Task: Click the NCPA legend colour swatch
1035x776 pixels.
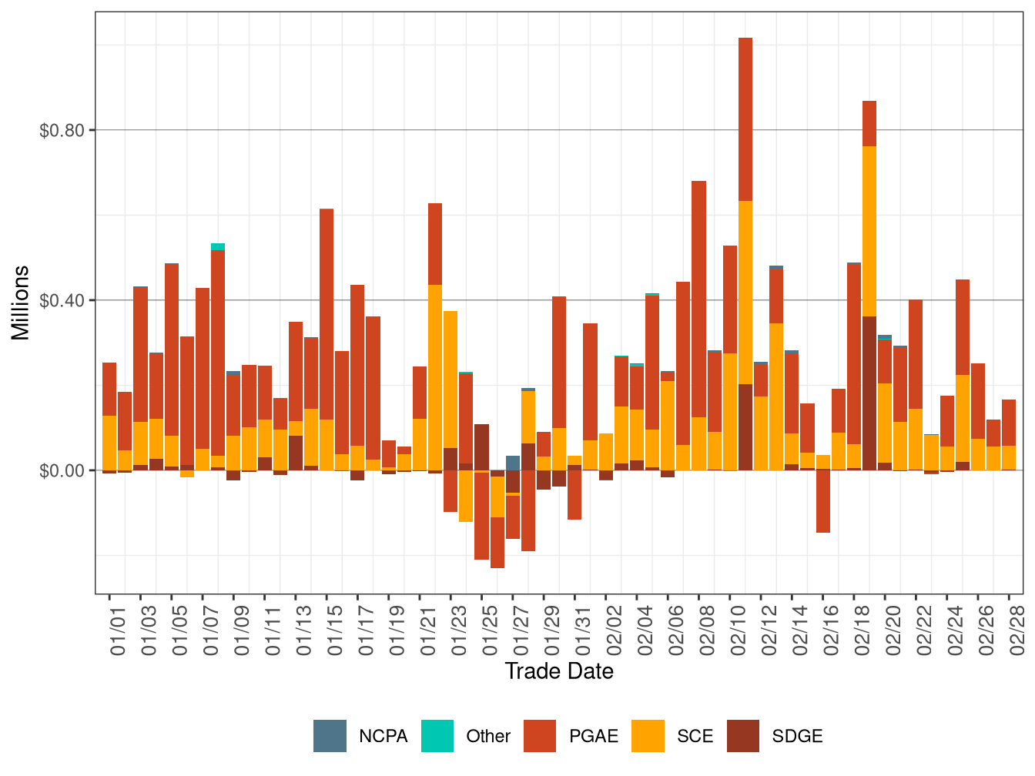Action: pos(330,736)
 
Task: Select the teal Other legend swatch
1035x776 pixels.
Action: pos(437,736)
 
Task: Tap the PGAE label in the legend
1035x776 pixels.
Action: pos(593,736)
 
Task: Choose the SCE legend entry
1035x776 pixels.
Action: pos(695,736)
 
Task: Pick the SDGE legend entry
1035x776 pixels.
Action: pos(797,736)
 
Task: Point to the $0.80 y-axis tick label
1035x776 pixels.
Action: pos(62,130)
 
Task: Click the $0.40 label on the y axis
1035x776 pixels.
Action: pos(62,300)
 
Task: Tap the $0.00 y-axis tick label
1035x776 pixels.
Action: pos(62,470)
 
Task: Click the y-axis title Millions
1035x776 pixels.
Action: pos(21,303)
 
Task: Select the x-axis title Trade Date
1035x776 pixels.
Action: pos(559,671)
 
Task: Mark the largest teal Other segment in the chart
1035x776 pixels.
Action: pos(218,247)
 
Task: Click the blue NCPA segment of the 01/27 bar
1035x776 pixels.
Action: pos(513,463)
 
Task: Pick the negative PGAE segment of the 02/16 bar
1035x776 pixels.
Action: pos(823,501)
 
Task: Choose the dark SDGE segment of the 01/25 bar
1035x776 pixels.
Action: pos(482,447)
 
